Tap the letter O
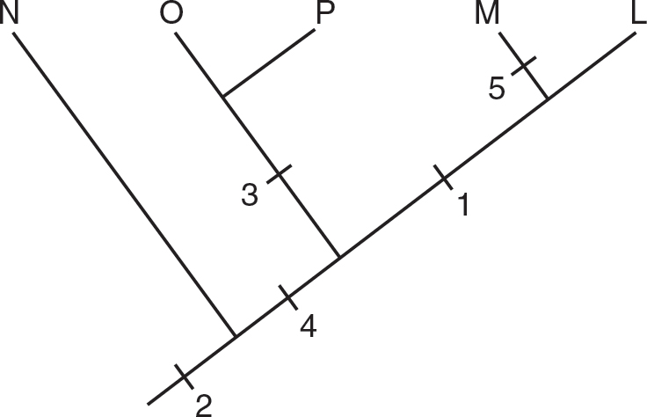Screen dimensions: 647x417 coord(173,15)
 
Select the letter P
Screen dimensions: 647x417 coord(325,15)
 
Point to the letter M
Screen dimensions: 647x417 coord(489,15)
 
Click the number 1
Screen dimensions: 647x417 coord(463,206)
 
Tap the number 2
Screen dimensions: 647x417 coord(204,405)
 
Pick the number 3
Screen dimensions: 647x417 coord(250,195)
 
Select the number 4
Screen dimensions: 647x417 coord(308,326)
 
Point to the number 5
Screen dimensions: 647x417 coord(497,89)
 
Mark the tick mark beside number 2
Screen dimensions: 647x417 coord(182,376)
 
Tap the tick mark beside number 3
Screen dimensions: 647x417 coord(278,173)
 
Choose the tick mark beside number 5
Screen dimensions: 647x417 coord(523,65)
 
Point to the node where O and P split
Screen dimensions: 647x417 coord(223,96)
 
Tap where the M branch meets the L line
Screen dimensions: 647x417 coord(548,99)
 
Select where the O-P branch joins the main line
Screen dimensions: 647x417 coord(339,258)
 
